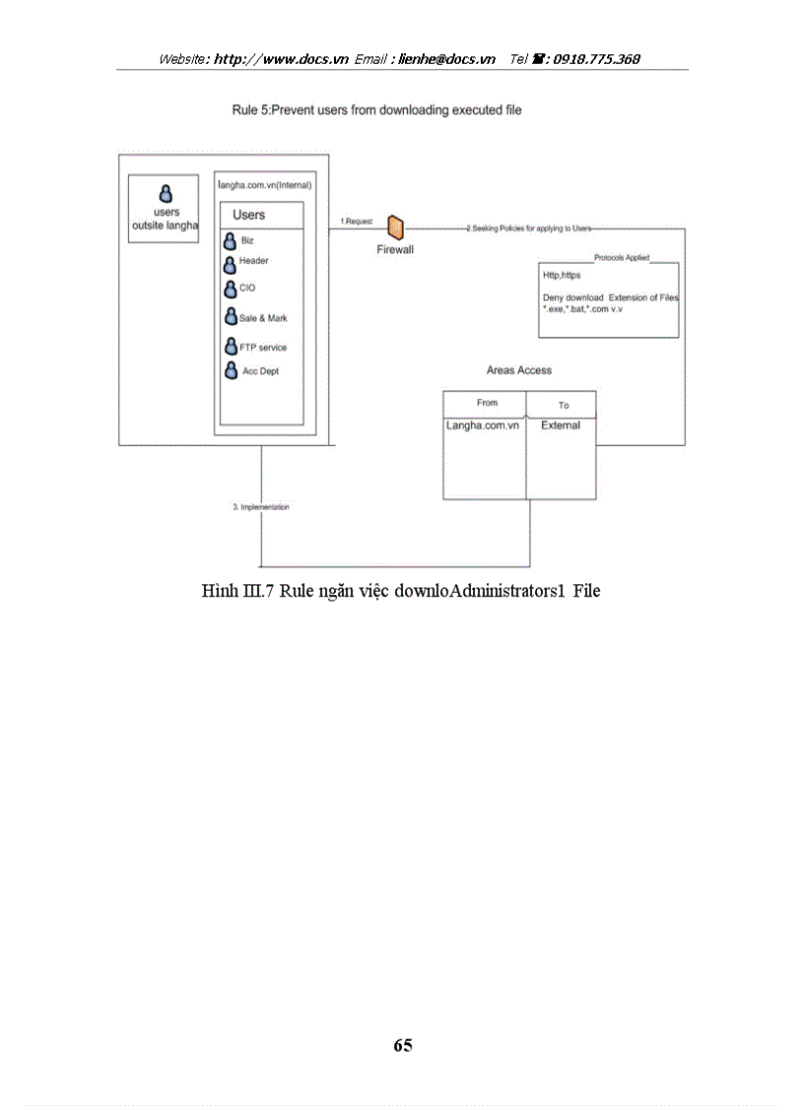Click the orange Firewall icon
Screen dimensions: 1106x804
pos(395,228)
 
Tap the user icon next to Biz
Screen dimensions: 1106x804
pos(230,241)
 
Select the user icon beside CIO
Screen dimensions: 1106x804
pos(230,289)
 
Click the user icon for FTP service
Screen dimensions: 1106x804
pos(230,347)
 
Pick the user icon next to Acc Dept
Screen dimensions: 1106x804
pos(230,371)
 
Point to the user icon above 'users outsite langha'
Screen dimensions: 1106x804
pos(167,194)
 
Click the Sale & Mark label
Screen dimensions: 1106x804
pos(263,318)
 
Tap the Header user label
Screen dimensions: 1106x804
pos(253,261)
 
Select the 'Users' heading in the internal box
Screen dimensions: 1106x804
pos(248,215)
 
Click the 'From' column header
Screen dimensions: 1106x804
pos(487,403)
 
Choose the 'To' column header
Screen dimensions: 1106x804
pos(564,405)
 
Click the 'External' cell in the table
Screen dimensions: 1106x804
pos(561,425)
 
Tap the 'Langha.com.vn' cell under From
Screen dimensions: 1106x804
pos(483,425)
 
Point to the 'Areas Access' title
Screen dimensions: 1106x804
pos(519,370)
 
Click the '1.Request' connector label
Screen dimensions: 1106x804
pos(357,222)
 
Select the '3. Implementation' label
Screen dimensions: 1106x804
pos(261,507)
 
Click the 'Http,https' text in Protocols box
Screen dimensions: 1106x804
pos(562,276)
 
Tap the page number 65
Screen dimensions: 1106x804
pos(402,1045)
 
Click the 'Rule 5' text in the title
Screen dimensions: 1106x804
pos(250,110)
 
